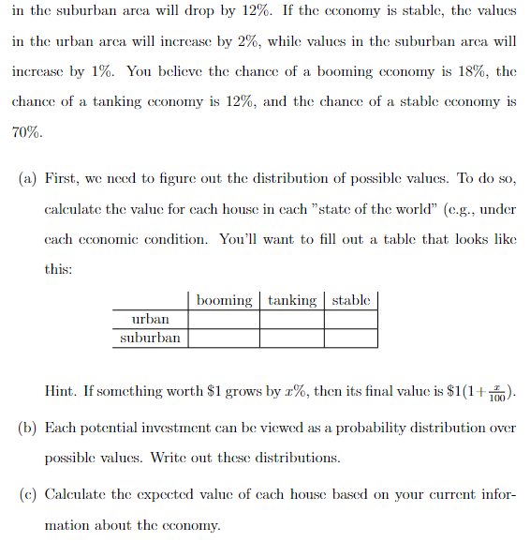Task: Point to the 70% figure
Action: [25, 133]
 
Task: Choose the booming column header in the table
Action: [225, 300]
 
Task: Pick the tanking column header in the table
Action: [291, 300]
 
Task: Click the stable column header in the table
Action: [351, 300]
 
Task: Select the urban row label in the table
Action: [150, 320]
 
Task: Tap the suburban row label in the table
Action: [150, 338]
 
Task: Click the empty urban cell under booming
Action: [225, 320]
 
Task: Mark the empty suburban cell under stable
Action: [351, 338]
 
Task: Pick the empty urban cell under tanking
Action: [291, 320]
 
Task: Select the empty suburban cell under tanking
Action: [291, 338]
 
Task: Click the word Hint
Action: [62, 391]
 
